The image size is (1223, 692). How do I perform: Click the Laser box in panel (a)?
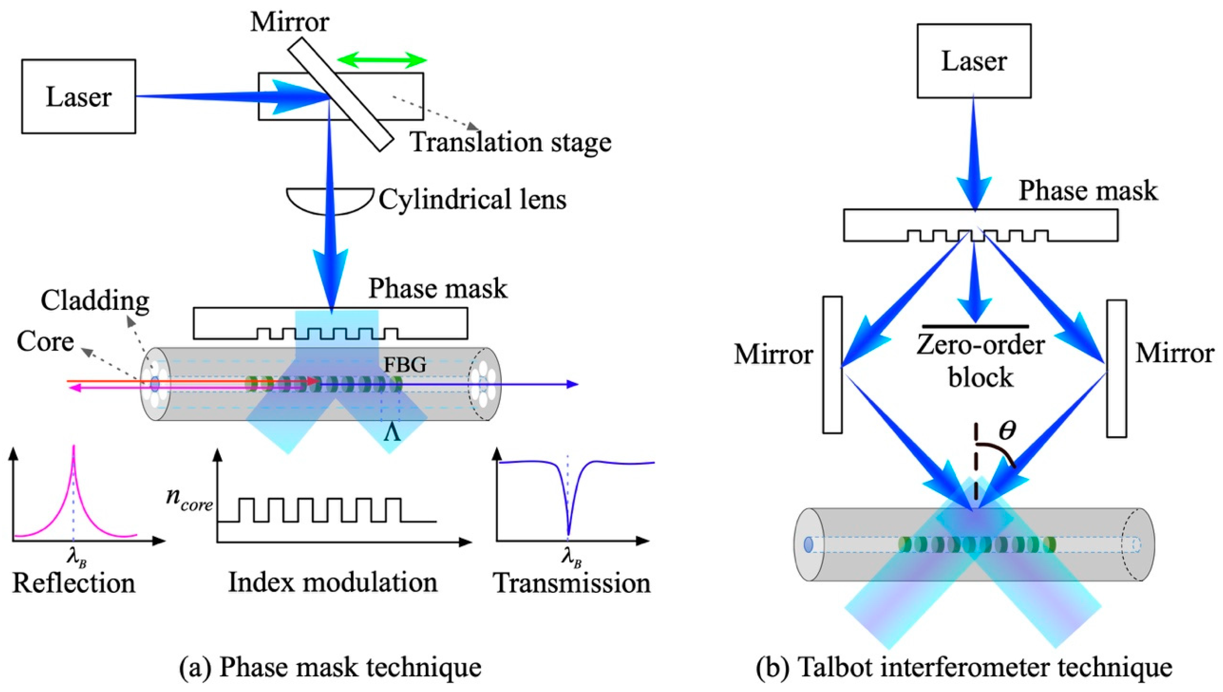78,96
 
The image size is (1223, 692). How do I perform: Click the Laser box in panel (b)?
973,61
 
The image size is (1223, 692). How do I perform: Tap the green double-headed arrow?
382,60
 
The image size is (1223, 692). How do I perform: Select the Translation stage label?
511,142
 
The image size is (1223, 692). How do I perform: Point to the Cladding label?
95,300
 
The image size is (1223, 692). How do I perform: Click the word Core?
45,341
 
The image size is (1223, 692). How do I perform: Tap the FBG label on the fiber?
405,364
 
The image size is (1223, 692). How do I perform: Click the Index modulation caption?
333,583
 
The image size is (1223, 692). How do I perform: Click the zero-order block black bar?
975,327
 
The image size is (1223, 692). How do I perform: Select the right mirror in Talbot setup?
1116,368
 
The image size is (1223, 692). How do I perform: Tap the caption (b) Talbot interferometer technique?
964,667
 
